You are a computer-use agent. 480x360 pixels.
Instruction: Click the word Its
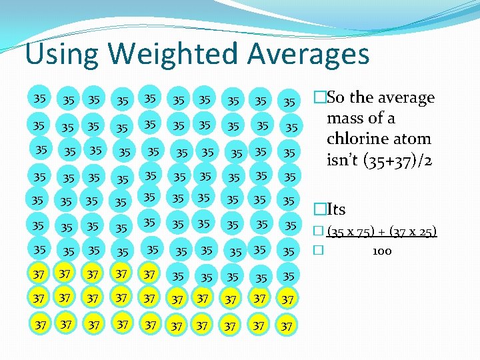(335, 209)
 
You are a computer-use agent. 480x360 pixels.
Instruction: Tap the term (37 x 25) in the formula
(411, 231)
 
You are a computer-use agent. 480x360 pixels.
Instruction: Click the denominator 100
(382, 251)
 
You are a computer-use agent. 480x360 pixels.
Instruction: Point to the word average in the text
(403, 97)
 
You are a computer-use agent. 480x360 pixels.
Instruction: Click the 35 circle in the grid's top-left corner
(39, 99)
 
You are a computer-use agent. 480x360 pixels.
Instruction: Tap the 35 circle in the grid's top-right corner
(289, 102)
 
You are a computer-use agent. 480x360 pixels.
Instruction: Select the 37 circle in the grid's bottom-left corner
(40, 325)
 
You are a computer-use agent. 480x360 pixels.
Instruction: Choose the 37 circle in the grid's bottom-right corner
(287, 326)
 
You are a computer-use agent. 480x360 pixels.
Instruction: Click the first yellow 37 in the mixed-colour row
(39, 274)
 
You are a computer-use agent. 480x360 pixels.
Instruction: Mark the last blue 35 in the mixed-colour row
(288, 276)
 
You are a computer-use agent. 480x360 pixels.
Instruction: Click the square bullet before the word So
(321, 98)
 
